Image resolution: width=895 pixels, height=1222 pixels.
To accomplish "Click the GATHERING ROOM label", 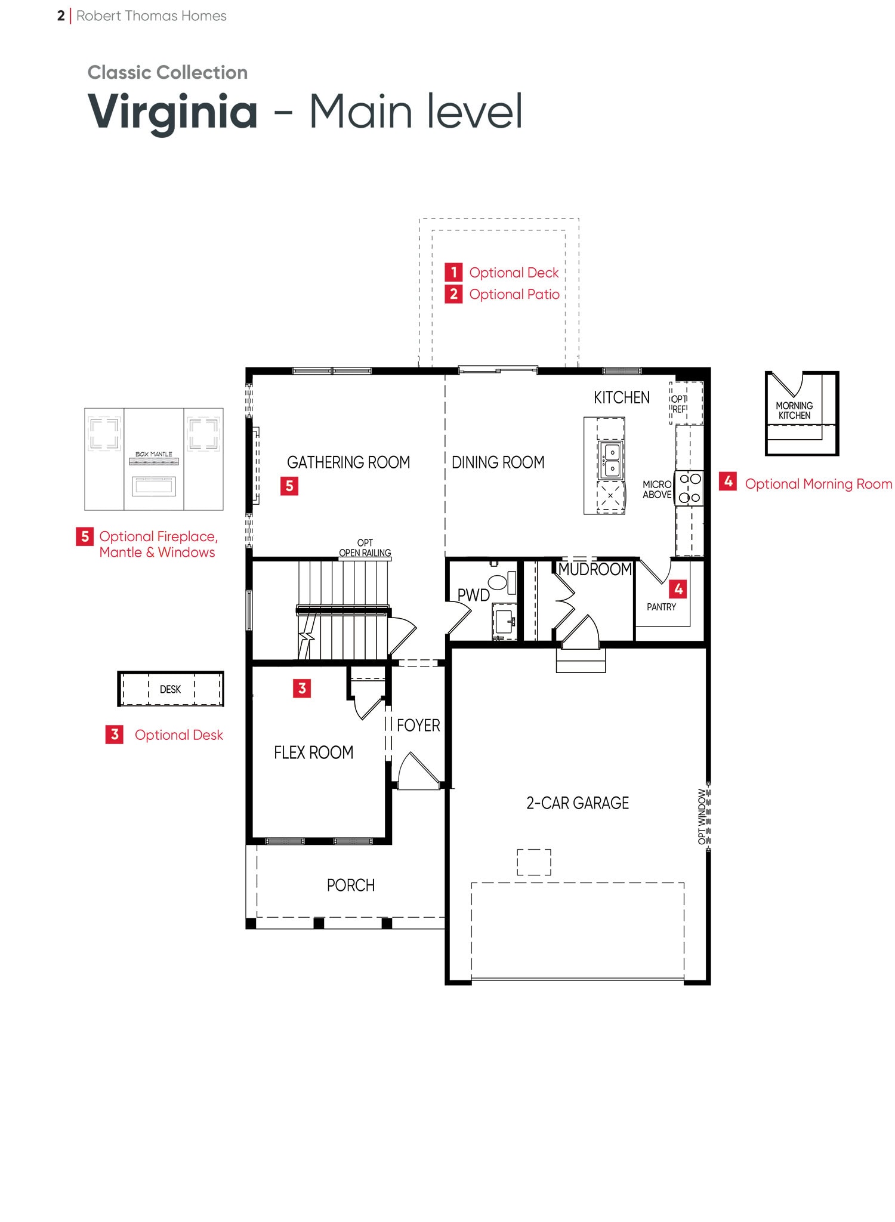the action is pos(348,462).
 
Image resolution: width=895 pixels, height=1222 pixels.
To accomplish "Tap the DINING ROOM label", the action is pos(498,462).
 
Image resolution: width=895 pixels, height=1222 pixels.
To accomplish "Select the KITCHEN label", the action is pos(622,397).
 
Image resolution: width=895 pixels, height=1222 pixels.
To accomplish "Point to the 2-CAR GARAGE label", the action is pos(578,803).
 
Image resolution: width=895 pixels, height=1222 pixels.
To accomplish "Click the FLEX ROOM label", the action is pos(314,752).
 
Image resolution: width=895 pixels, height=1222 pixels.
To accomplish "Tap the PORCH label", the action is pos(351,885).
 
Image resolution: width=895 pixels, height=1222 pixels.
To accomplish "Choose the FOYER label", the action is pos(418,726).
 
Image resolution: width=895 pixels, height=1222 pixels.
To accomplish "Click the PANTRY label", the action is pos(662,607).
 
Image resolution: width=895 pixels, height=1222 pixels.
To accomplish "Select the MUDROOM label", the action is pos(595,569).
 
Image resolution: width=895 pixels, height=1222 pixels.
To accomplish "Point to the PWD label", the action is pos(474,595).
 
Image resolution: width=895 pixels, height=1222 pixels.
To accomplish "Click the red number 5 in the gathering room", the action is pos(289,486).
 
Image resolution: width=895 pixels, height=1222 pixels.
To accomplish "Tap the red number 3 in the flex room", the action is pos(302,689).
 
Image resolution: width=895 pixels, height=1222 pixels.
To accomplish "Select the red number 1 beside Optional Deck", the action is pos(453,272).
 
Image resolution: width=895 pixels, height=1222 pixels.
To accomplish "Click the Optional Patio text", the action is pos(514,294).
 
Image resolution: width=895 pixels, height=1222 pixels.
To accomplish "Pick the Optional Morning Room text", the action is pos(819,484).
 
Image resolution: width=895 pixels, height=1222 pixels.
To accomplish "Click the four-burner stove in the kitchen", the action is pos(690,488).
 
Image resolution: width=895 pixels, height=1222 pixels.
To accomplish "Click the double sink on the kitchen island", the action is pos(611,460).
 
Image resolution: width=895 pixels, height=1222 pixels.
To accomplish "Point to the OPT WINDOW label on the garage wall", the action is pos(702,817).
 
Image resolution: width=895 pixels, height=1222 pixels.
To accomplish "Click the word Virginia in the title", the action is pos(173,112).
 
